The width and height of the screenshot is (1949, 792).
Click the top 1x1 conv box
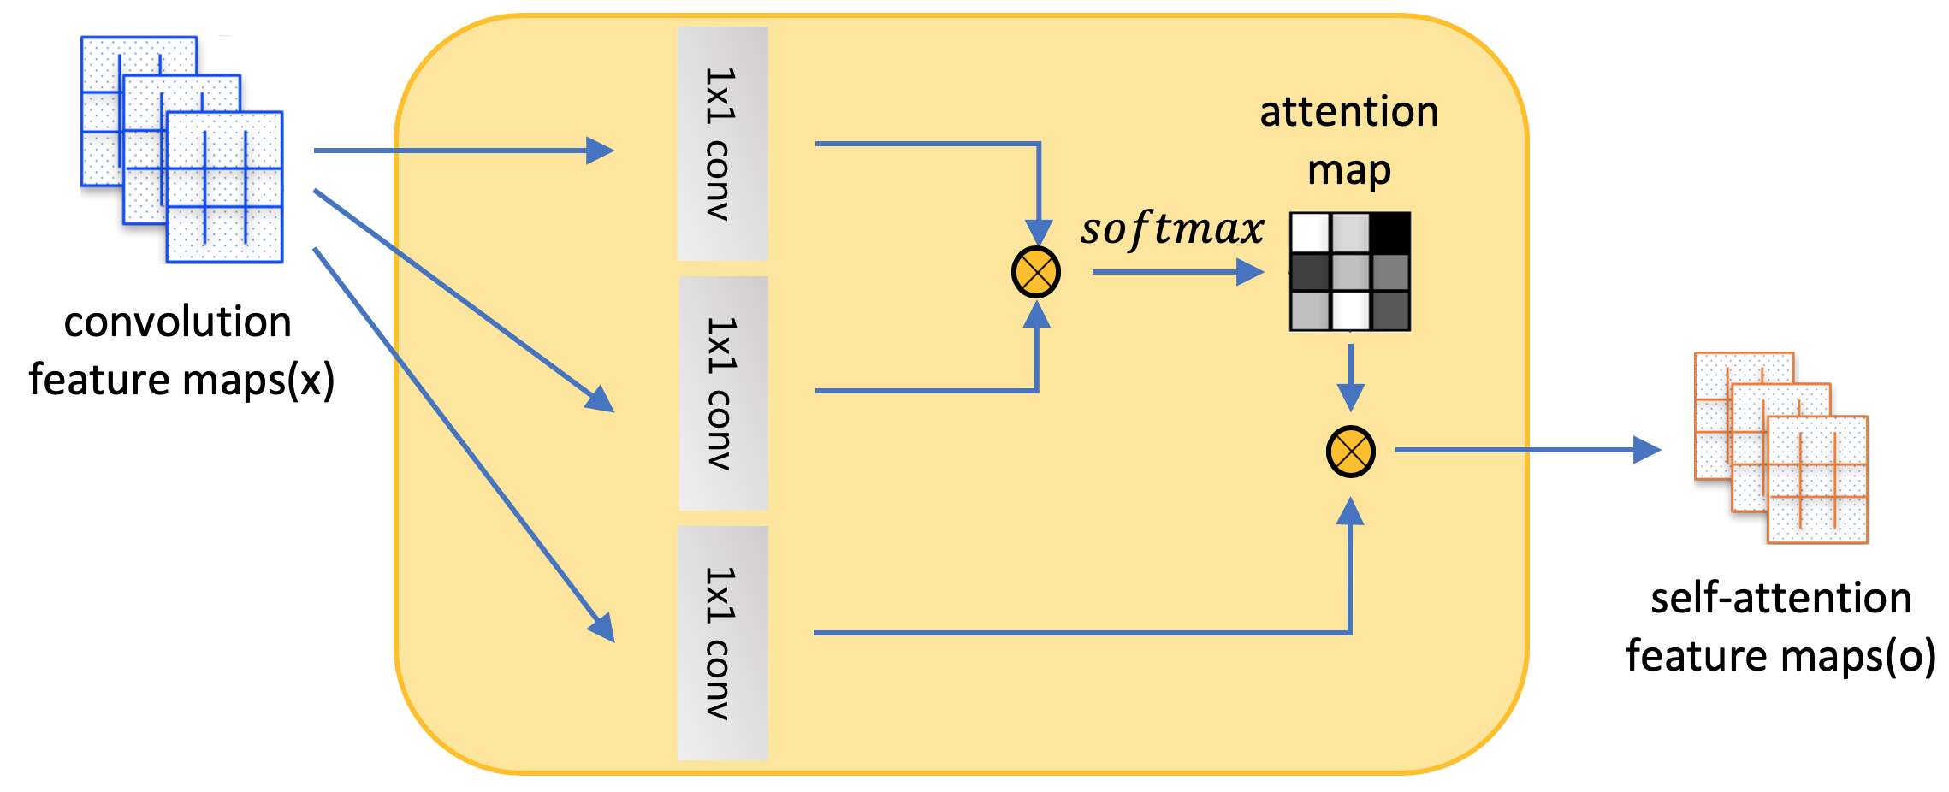tap(722, 143)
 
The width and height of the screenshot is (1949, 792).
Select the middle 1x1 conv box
tap(723, 393)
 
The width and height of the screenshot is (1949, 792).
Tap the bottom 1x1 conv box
tap(722, 642)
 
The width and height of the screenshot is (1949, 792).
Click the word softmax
tap(1171, 229)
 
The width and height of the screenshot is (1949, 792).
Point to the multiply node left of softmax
tap(1036, 273)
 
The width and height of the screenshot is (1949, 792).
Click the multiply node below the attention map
tap(1350, 452)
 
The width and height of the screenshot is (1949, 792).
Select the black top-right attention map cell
tap(1390, 233)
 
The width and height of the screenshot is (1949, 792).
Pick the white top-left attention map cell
tap(1310, 233)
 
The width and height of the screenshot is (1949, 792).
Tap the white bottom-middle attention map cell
tap(1350, 310)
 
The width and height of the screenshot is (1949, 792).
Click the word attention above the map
tap(1349, 113)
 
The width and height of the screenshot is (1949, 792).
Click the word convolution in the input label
tap(178, 322)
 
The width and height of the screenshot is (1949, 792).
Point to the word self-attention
tap(1780, 598)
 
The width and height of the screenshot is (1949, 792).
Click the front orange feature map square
tap(1817, 479)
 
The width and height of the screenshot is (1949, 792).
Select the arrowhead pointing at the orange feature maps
tap(1646, 450)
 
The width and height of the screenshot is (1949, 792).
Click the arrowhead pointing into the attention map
tap(1250, 272)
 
